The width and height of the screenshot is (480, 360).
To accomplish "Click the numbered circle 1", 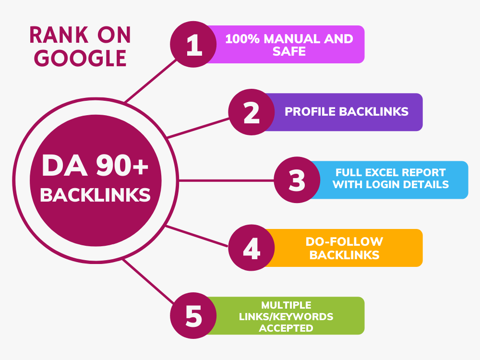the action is pyautogui.click(x=193, y=44).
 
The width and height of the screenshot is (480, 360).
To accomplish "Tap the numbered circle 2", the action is pyautogui.click(x=252, y=112).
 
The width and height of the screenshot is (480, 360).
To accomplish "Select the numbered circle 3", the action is pyautogui.click(x=297, y=180).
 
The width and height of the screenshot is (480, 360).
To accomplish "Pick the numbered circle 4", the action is pyautogui.click(x=252, y=248).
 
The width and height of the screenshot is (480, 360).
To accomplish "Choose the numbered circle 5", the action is pyautogui.click(x=193, y=316).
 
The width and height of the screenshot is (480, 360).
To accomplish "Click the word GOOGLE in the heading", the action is pyautogui.click(x=80, y=58).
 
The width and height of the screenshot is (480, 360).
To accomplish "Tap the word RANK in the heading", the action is pyautogui.click(x=59, y=35).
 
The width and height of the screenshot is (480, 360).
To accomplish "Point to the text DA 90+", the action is pyautogui.click(x=95, y=166).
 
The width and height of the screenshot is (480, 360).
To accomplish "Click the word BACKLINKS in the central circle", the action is pyautogui.click(x=95, y=195).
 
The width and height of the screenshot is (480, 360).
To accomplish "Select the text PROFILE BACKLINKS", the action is pyautogui.click(x=347, y=112).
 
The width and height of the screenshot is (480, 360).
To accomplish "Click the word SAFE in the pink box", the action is pyautogui.click(x=289, y=51).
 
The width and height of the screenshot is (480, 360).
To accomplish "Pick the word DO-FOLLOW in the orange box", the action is pyautogui.click(x=344, y=241).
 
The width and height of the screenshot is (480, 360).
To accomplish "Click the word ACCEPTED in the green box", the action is pyautogui.click(x=286, y=328).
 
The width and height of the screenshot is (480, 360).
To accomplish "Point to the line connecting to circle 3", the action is pyautogui.click(x=226, y=180).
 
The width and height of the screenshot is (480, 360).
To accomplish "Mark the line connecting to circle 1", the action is pyautogui.click(x=151, y=81).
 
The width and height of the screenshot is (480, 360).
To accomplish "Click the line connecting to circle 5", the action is pyautogui.click(x=149, y=281).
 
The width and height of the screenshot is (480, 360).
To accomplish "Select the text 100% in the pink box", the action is pyautogui.click(x=242, y=39).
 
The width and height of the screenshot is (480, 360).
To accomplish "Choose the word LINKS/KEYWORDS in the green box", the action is pyautogui.click(x=286, y=316).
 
